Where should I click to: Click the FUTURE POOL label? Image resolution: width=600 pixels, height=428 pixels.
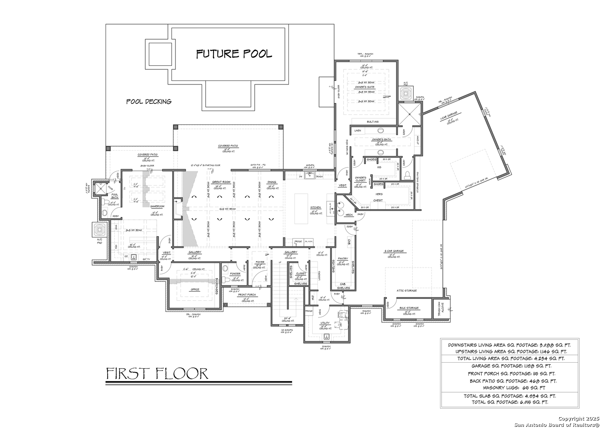coord(234,54)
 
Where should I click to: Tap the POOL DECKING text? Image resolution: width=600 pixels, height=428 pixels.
coord(149,101)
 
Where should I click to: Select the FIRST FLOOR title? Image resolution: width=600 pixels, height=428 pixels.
coord(157,373)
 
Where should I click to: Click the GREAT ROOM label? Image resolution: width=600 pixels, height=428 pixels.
coord(221,182)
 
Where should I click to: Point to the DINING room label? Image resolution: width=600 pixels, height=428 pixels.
coord(272,182)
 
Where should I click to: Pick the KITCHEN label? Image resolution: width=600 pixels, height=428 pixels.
coord(315,208)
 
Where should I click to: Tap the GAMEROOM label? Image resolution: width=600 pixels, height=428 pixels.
coord(157,206)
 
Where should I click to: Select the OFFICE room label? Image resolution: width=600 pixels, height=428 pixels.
coord(195,290)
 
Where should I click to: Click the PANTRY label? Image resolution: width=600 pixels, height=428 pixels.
coord(342,259)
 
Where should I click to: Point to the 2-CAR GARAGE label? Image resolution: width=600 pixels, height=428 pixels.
coord(394,251)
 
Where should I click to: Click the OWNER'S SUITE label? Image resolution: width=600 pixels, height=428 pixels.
coord(365,87)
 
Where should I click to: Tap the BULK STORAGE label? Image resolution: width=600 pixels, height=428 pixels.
coord(409,308)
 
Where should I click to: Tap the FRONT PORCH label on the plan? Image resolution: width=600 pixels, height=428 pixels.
coord(247,295)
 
